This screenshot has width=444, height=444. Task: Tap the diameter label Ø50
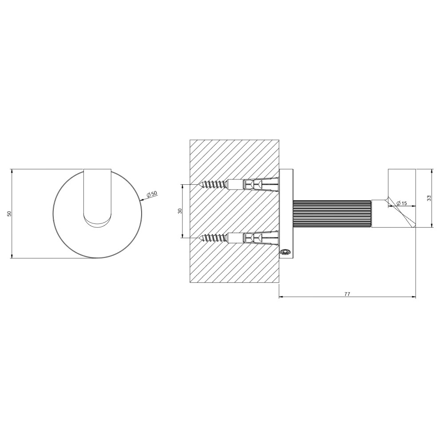point(152,194)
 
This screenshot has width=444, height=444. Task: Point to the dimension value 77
point(347,294)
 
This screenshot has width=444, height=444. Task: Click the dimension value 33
point(429,198)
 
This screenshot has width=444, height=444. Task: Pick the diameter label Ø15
point(401,203)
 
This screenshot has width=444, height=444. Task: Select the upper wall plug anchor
point(253,185)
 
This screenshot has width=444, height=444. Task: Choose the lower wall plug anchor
point(253,238)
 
